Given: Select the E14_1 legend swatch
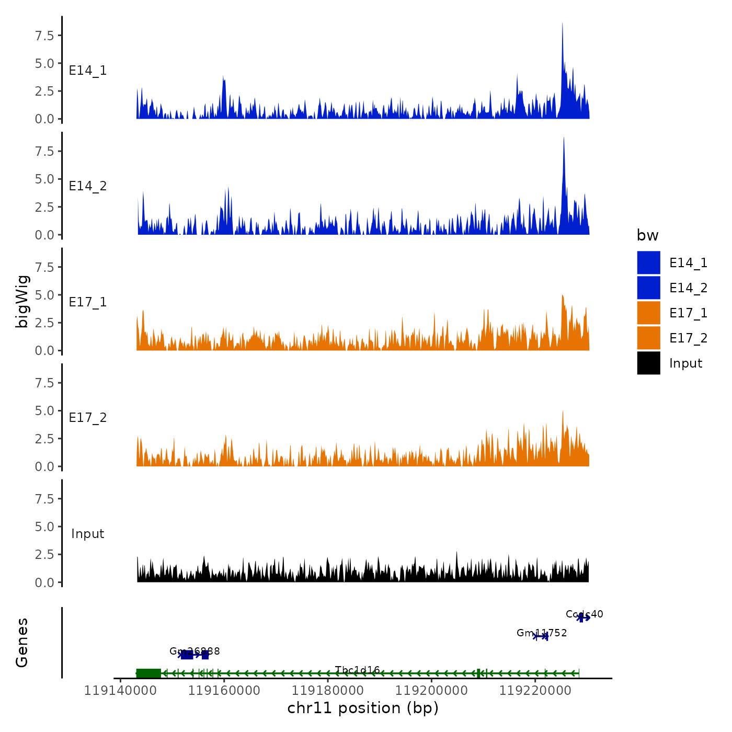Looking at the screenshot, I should pyautogui.click(x=648, y=262).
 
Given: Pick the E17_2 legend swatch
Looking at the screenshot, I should pyautogui.click(x=648, y=338).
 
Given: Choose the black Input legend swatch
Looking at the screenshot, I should pyautogui.click(x=648, y=363).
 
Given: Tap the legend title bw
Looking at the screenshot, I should pyautogui.click(x=647, y=235).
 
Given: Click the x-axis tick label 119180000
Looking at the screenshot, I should pyautogui.click(x=328, y=691).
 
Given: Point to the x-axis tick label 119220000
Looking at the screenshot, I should pyautogui.click(x=535, y=691).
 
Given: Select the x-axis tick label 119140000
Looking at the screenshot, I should pyautogui.click(x=120, y=691).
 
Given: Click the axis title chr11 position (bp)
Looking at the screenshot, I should pyautogui.click(x=363, y=708).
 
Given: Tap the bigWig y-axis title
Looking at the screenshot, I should pyautogui.click(x=22, y=301).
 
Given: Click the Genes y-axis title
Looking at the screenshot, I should pyautogui.click(x=22, y=643).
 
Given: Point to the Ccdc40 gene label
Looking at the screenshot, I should pyautogui.click(x=584, y=614).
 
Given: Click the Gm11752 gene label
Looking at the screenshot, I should pyautogui.click(x=541, y=633).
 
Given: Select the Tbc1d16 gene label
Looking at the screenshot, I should pyautogui.click(x=357, y=670).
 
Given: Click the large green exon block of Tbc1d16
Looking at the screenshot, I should pyautogui.click(x=148, y=673).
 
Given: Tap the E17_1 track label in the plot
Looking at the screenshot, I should pyautogui.click(x=88, y=302).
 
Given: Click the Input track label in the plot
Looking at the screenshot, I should pyautogui.click(x=88, y=534).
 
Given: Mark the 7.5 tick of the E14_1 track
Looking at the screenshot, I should pyautogui.click(x=45, y=36).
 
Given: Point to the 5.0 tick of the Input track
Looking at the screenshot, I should pyautogui.click(x=45, y=527).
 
